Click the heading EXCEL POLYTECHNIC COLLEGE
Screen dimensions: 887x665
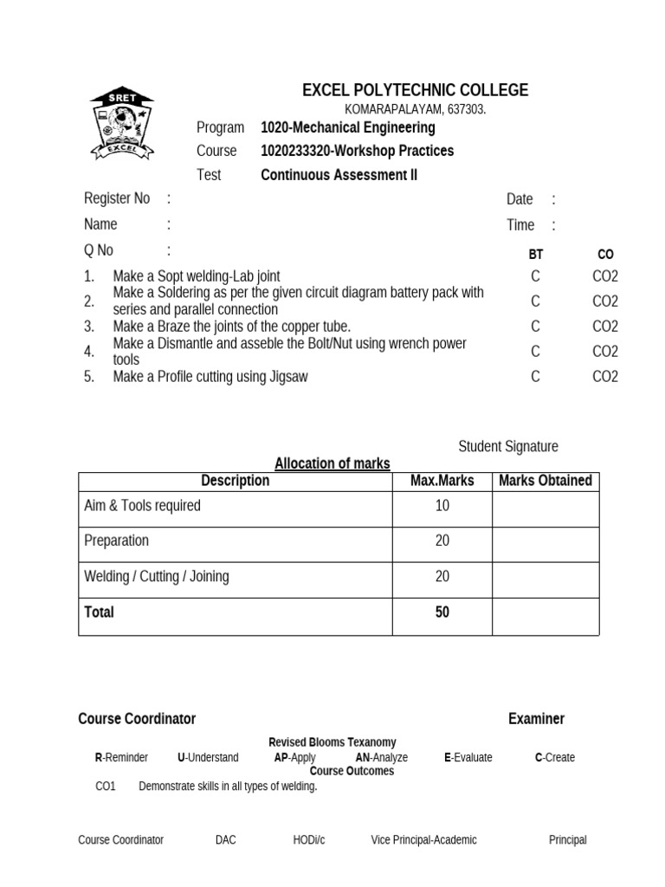(x=415, y=90)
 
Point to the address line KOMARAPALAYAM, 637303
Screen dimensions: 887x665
(x=415, y=110)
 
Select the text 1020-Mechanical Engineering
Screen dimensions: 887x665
(x=347, y=128)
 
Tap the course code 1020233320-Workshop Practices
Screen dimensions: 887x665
(x=357, y=151)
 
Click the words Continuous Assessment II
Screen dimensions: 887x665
(x=339, y=175)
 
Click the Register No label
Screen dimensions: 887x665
(x=117, y=198)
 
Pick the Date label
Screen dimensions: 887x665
(x=520, y=199)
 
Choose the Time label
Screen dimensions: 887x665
(x=520, y=225)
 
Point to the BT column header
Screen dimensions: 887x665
(x=536, y=255)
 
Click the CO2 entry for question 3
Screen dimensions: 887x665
(x=605, y=327)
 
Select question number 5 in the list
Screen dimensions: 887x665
(x=89, y=377)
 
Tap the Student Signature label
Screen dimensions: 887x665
(x=507, y=447)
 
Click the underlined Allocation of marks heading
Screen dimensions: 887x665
(x=332, y=464)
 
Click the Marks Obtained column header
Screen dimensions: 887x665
(x=546, y=481)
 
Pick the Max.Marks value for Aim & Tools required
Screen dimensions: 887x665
(x=442, y=506)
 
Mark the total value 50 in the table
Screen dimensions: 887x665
(x=442, y=612)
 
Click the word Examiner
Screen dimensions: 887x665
(x=536, y=719)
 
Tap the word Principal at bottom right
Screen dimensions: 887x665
(x=567, y=840)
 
